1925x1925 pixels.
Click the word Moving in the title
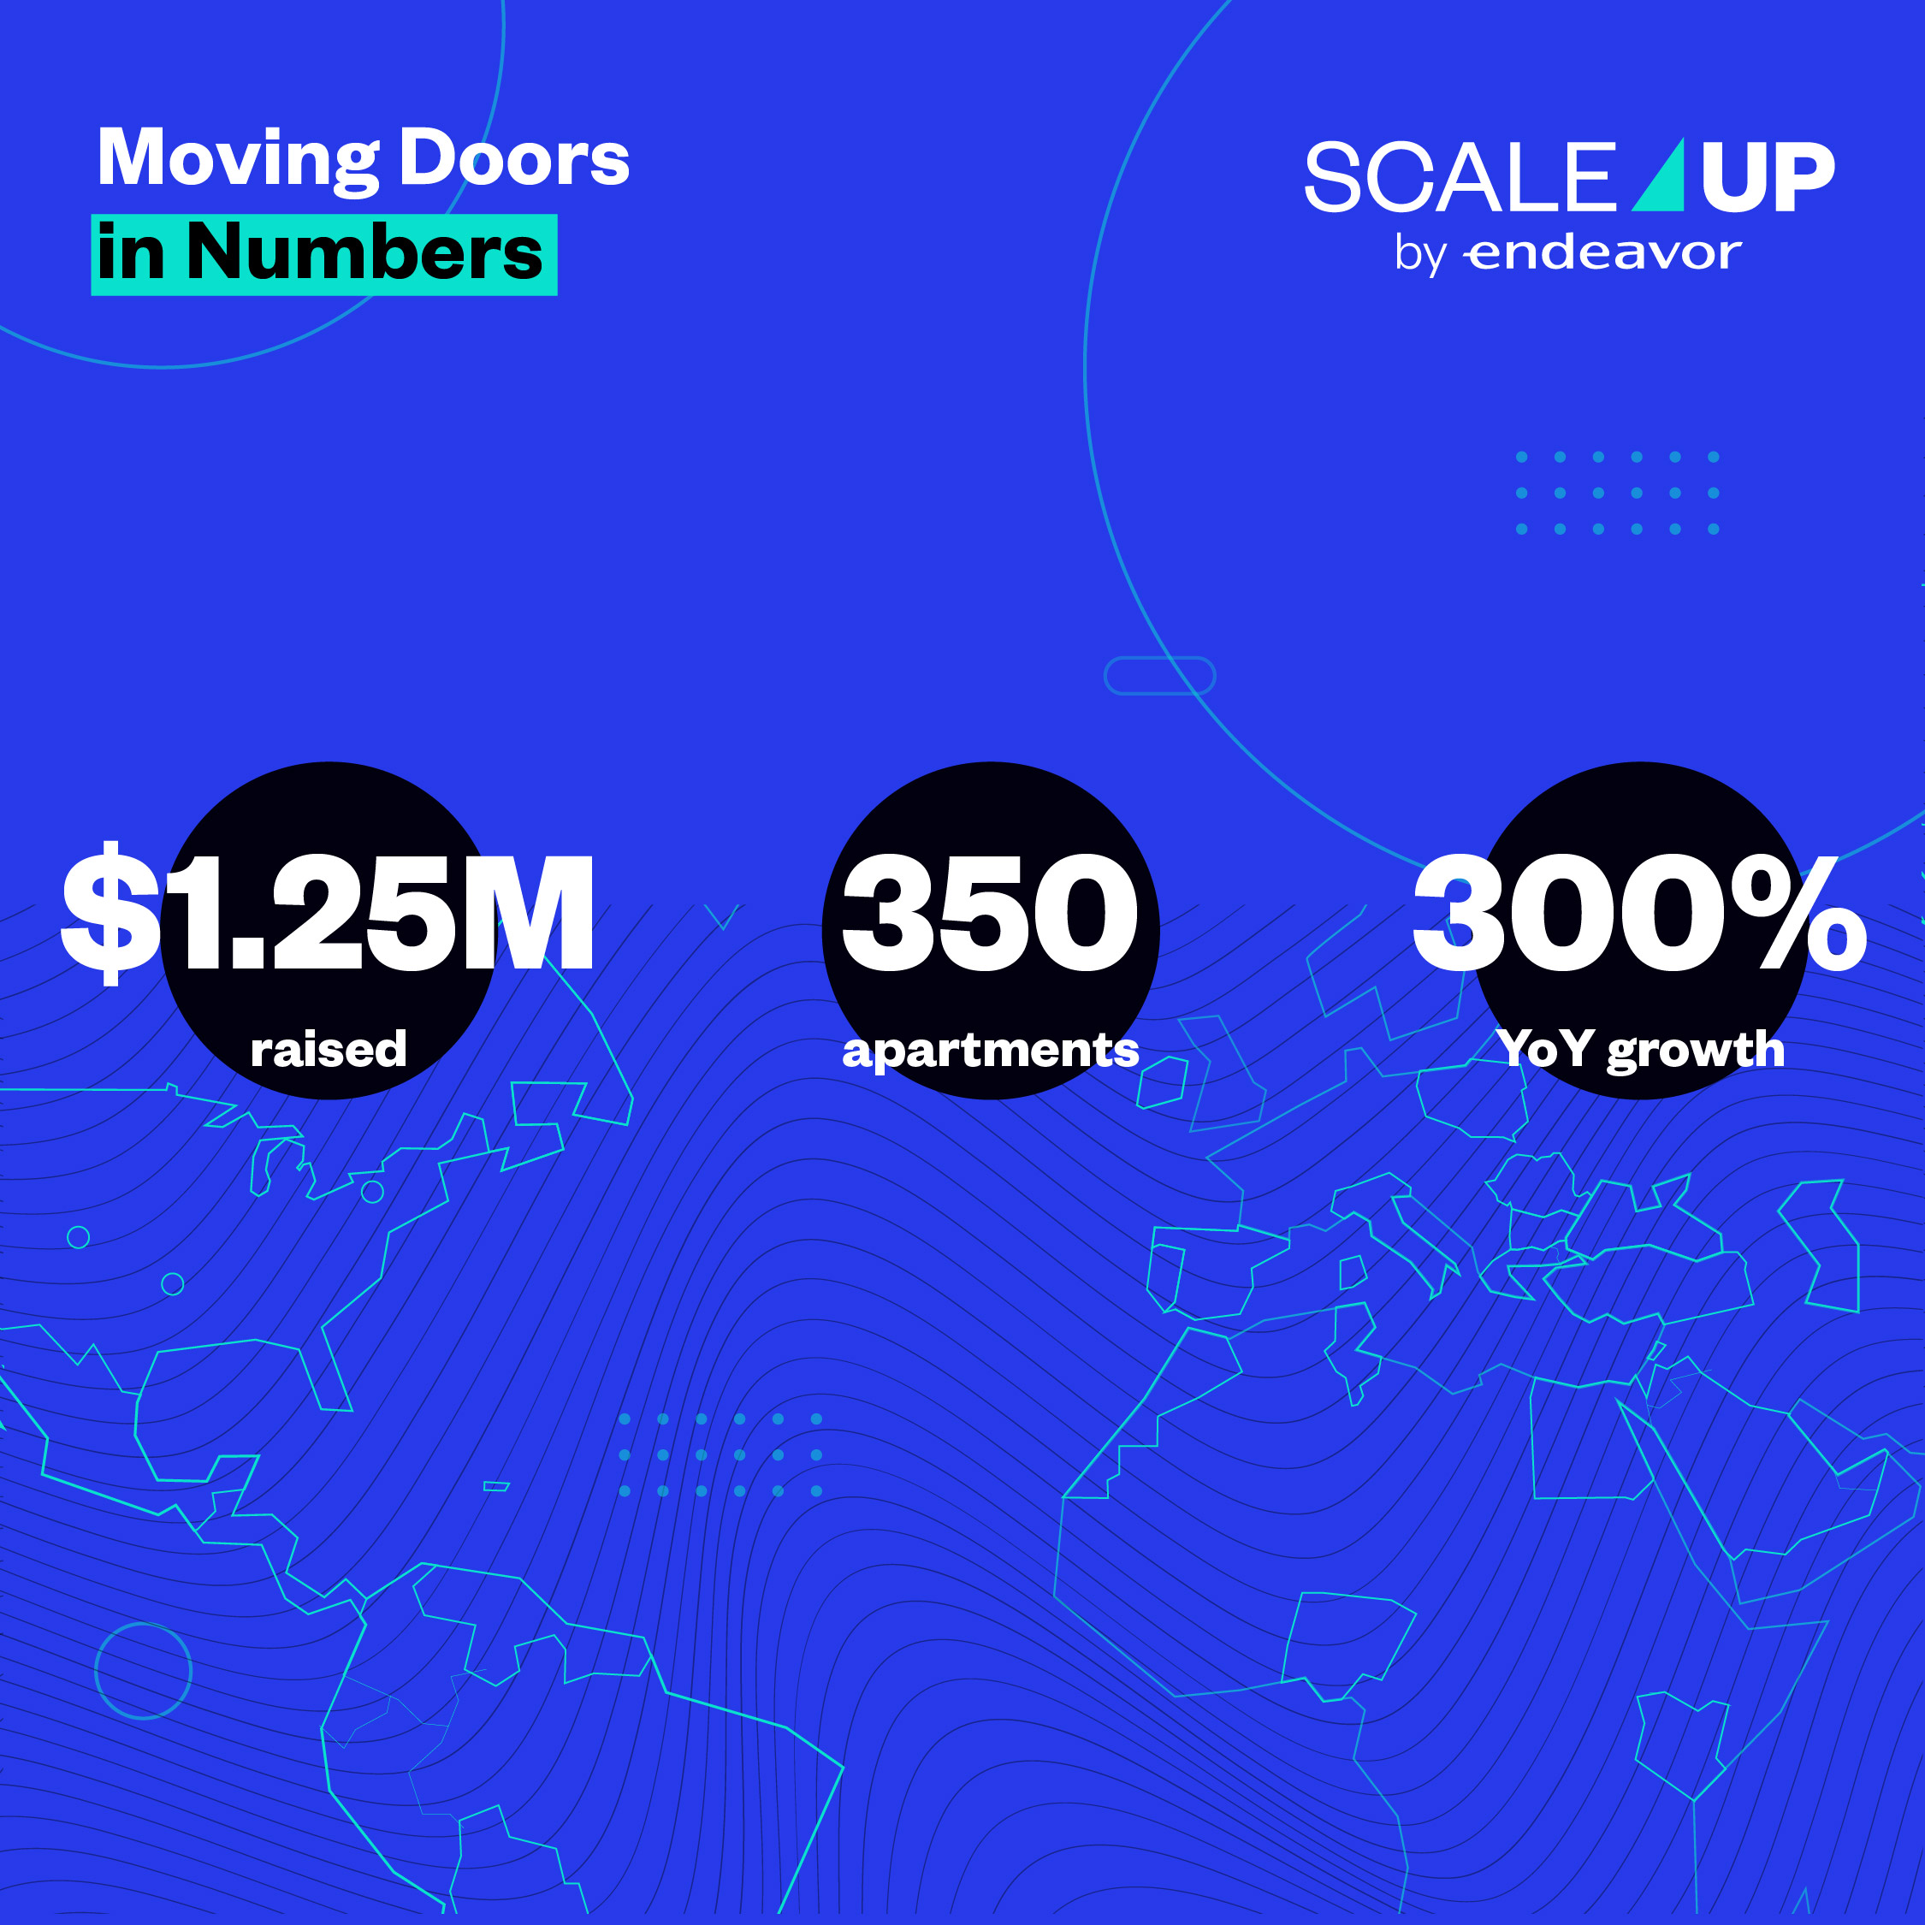tap(237, 159)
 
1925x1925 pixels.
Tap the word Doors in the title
tap(514, 159)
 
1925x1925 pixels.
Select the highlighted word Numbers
tap(364, 253)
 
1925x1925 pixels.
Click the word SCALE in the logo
tap(1459, 177)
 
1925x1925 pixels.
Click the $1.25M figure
tap(329, 913)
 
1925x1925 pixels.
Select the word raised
tap(329, 1049)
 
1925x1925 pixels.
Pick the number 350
tap(991, 913)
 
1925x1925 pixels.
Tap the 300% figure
tap(1640, 913)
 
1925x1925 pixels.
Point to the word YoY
tap(1543, 1048)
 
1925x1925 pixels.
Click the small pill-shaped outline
tap(1160, 676)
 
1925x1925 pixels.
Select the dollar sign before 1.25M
tap(110, 913)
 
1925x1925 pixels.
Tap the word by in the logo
tap(1420, 255)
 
